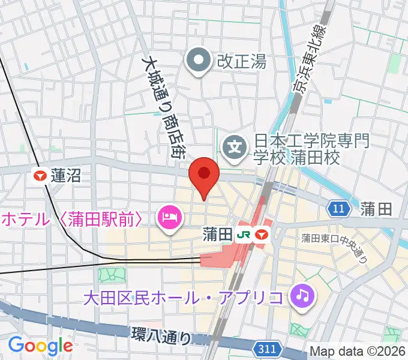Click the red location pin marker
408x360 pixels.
pyautogui.click(x=203, y=176)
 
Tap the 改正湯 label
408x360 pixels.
pyautogui.click(x=241, y=61)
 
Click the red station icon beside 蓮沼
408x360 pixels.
pyautogui.click(x=41, y=176)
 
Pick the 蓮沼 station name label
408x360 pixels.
pyautogui.click(x=66, y=176)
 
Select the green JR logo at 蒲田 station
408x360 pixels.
pyautogui.click(x=244, y=233)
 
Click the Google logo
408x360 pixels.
pyautogui.click(x=40, y=345)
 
